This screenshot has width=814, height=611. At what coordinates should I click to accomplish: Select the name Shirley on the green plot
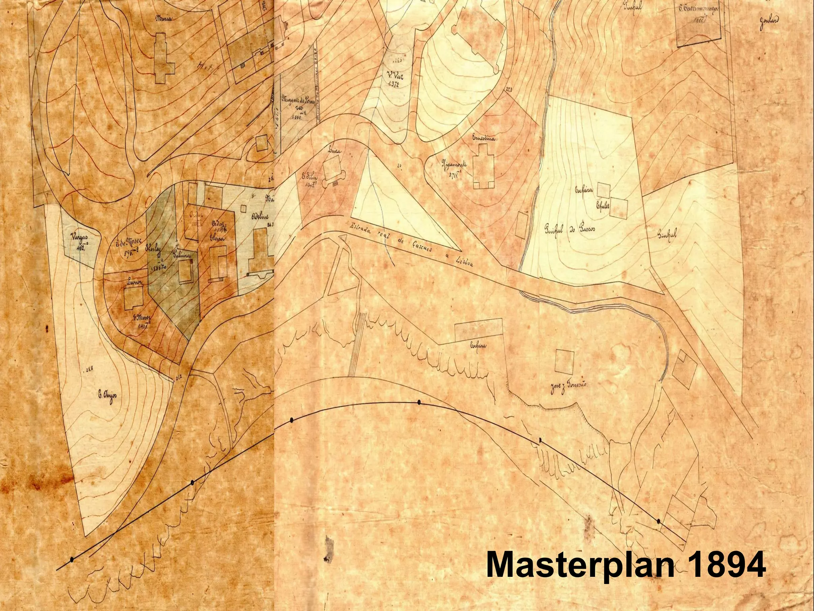(153, 245)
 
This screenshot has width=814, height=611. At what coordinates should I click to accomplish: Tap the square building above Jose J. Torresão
(565, 360)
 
